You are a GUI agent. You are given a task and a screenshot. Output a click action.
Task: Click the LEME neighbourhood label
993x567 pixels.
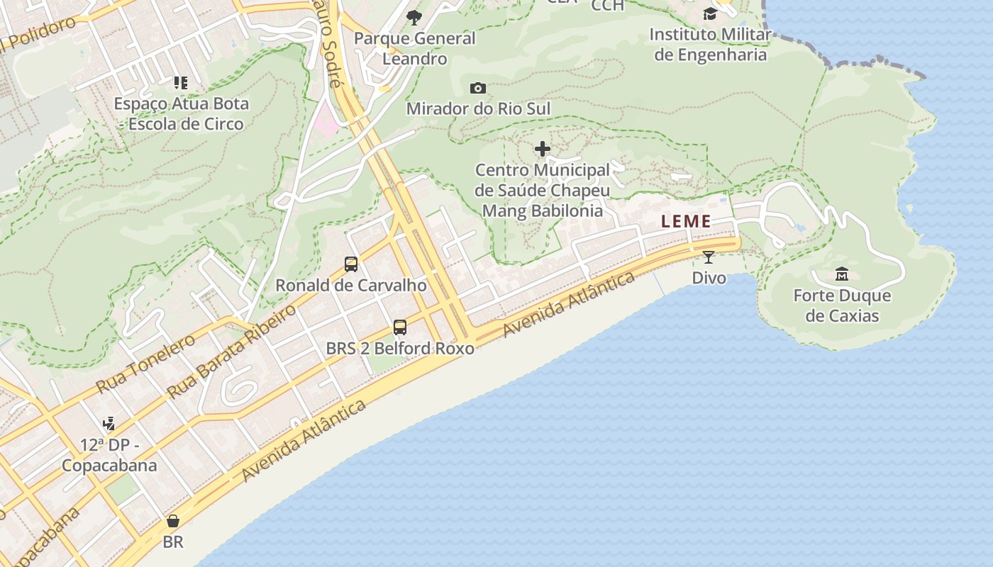tap(686, 221)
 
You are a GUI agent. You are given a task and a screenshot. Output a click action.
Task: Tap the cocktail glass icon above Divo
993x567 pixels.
tap(709, 257)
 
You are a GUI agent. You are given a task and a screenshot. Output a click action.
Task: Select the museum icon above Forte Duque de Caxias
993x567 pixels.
tap(842, 274)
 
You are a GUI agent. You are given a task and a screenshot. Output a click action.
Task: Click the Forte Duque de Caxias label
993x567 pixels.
tap(842, 305)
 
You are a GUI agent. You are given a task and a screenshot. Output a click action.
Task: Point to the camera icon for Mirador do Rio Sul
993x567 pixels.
tap(478, 88)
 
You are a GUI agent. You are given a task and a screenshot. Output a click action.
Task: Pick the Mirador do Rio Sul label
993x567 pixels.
tap(478, 108)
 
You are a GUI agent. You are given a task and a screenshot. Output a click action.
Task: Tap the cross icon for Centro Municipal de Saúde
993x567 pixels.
tap(543, 149)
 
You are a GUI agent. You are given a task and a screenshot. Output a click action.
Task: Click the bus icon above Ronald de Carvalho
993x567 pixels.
tap(351, 264)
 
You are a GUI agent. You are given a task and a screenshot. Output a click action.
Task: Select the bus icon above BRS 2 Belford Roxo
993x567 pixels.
tap(400, 327)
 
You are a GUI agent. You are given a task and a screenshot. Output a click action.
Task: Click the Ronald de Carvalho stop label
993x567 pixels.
tap(351, 286)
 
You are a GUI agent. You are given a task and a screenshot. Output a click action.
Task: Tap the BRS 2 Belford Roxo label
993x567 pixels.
tap(400, 348)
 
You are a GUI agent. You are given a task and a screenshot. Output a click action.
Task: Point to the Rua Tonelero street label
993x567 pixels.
tap(145, 364)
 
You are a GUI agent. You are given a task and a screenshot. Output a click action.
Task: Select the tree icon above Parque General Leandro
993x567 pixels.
tap(414, 17)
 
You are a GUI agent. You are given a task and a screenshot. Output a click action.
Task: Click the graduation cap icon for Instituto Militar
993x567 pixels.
tap(710, 13)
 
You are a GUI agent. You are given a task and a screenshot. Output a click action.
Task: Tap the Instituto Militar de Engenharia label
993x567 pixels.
tap(710, 44)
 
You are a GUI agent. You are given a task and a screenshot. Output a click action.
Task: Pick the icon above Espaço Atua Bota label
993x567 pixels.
tap(181, 83)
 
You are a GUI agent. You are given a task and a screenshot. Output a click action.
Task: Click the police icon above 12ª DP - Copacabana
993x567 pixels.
tap(109, 424)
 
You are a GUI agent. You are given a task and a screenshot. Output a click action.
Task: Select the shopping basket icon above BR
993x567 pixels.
tap(173, 522)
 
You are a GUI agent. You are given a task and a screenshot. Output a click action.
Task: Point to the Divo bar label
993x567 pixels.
tap(709, 278)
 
